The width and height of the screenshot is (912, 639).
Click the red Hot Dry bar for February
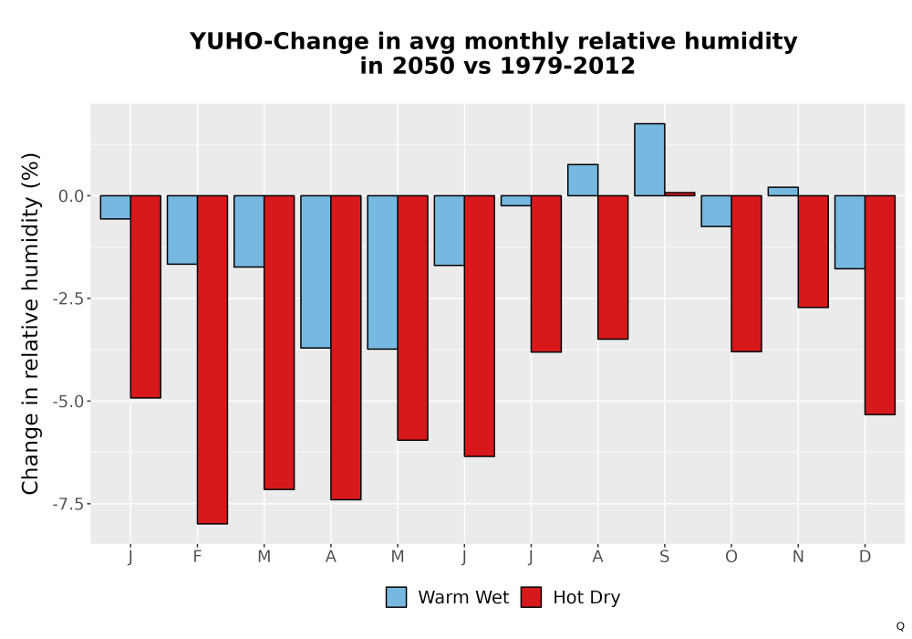point(212,360)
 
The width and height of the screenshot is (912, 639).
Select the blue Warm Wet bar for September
point(649,160)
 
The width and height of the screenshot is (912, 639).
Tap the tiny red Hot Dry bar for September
point(680,194)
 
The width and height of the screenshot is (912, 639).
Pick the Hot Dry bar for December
point(880,305)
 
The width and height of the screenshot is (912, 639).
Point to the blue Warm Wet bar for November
point(782,192)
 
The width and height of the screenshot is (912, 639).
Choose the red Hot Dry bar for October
point(746,274)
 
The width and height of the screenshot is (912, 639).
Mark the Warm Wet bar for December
point(850,232)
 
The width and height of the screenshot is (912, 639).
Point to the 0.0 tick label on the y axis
point(71,196)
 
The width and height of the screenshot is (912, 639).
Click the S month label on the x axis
point(664,557)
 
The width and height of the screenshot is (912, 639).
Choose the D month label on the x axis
point(865,557)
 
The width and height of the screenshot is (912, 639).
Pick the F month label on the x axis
point(197,557)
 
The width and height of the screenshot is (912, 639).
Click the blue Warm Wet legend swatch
point(396,597)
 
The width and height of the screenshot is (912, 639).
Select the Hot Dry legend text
point(586,598)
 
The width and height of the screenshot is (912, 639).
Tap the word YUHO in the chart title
point(225,41)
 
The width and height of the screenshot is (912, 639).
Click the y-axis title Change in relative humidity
point(30,323)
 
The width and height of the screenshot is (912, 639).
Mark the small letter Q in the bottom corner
point(900,626)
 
